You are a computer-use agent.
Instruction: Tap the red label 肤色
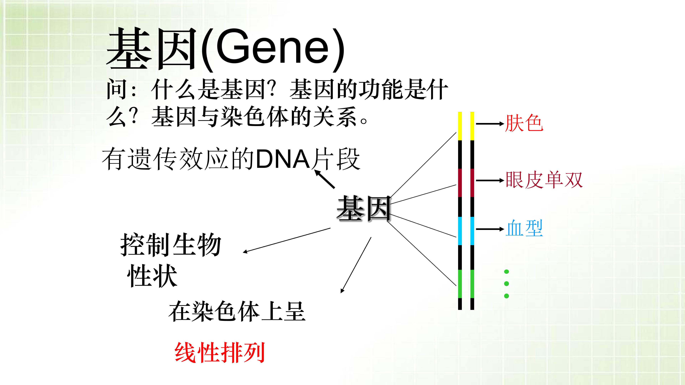click(x=524, y=123)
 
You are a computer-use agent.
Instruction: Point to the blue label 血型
click(x=524, y=228)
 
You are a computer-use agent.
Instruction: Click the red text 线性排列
click(x=220, y=353)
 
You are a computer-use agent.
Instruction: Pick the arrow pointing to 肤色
click(x=490, y=124)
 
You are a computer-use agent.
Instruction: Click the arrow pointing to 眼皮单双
click(x=490, y=180)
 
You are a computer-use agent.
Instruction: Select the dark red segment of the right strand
click(x=472, y=183)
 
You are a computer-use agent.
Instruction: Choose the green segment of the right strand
click(x=472, y=284)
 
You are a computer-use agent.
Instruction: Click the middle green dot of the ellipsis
click(x=507, y=284)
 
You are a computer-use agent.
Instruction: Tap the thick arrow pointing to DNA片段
click(x=325, y=179)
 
